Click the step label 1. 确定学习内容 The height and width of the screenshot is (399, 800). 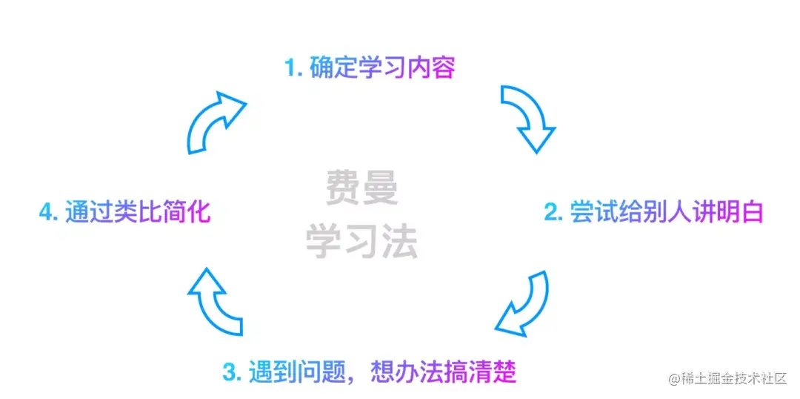tap(370, 68)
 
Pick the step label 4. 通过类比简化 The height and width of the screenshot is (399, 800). tap(125, 212)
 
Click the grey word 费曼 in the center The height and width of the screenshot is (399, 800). tap(362, 188)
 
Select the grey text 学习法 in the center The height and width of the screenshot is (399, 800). tap(362, 241)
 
